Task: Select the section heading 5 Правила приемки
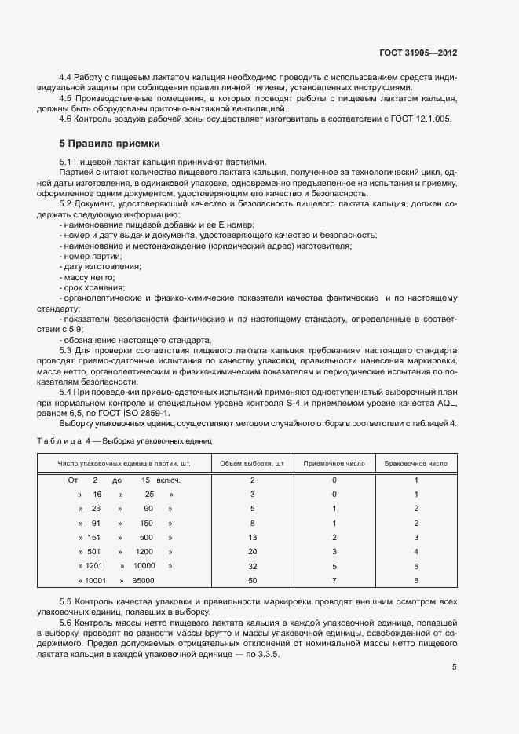pyautogui.click(x=109, y=144)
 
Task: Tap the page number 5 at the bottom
pyautogui.click(x=455, y=667)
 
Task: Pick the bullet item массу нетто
pyautogui.click(x=90, y=278)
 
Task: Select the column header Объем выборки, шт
pyautogui.click(x=252, y=463)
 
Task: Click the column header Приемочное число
pyautogui.click(x=334, y=463)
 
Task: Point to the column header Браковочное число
pyautogui.click(x=416, y=463)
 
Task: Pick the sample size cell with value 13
pyautogui.click(x=252, y=537)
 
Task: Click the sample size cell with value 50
pyautogui.click(x=252, y=580)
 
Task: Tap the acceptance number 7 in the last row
pyautogui.click(x=334, y=580)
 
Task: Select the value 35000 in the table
pyautogui.click(x=144, y=580)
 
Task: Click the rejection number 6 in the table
pyautogui.click(x=416, y=566)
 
